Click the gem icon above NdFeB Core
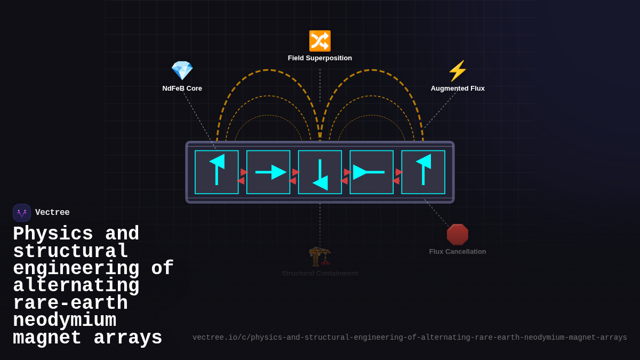tap(182, 70)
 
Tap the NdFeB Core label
tap(182, 89)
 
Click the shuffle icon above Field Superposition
tap(320, 41)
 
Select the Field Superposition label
tap(320, 58)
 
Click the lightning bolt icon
tap(458, 71)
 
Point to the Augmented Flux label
tap(458, 89)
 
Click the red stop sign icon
tap(458, 235)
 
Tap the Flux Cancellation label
tap(458, 252)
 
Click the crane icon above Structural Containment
tap(320, 257)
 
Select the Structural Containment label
tap(320, 273)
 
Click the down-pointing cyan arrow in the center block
tap(320, 174)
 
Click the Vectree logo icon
tap(22, 213)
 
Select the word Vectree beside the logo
tap(52, 213)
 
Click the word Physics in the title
tap(53, 234)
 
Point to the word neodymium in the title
tap(65, 321)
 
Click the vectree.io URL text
tap(410, 338)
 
